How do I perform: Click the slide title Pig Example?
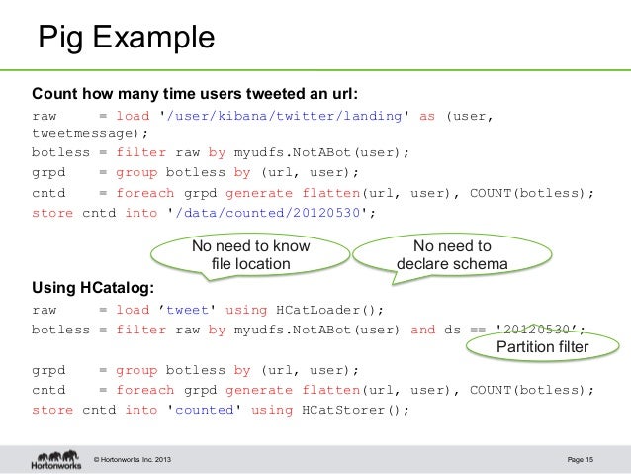coord(126,39)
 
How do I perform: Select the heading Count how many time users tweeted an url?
coord(195,95)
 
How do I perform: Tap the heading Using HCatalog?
coord(93,288)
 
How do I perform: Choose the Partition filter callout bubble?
coord(542,347)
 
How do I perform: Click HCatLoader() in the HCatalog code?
coord(318,309)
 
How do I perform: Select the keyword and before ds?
coord(422,330)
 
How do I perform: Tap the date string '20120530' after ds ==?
coord(538,330)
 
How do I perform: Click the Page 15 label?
coord(581,457)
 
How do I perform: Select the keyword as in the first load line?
coord(427,116)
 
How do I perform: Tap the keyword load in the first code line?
coord(133,116)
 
